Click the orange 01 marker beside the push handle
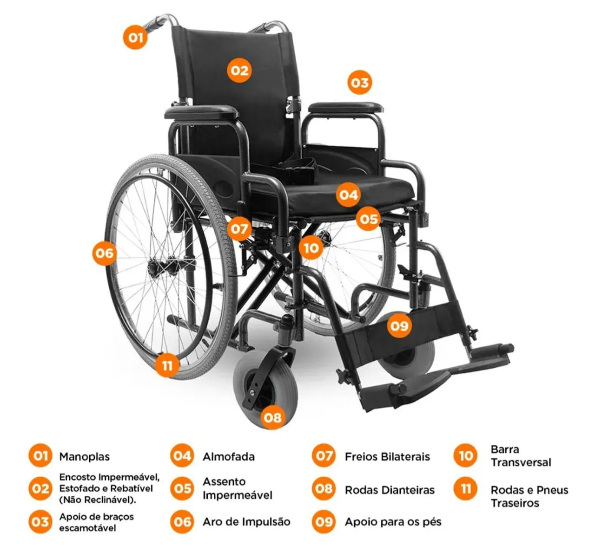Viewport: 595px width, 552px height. (135, 37)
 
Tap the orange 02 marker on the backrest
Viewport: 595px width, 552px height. (239, 71)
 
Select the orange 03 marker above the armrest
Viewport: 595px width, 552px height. (359, 82)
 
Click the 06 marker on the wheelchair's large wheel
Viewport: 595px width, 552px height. (104, 253)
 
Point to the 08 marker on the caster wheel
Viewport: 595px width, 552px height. (272, 417)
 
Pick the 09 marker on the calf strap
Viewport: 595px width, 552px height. (399, 325)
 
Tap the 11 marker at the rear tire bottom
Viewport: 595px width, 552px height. (167, 365)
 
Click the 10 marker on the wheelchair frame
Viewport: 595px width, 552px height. (311, 247)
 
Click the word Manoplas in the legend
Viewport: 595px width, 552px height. (85, 456)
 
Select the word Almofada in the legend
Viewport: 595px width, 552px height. (229, 456)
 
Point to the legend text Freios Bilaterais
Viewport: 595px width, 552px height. (387, 456)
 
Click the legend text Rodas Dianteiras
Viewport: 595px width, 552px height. (390, 490)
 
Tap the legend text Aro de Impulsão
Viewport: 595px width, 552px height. (246, 522)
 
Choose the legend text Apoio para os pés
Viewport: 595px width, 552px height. (393, 522)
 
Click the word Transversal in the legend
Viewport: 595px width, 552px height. (521, 462)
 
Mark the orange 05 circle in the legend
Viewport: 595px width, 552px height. (182, 488)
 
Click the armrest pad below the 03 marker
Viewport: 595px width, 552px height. (346, 107)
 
